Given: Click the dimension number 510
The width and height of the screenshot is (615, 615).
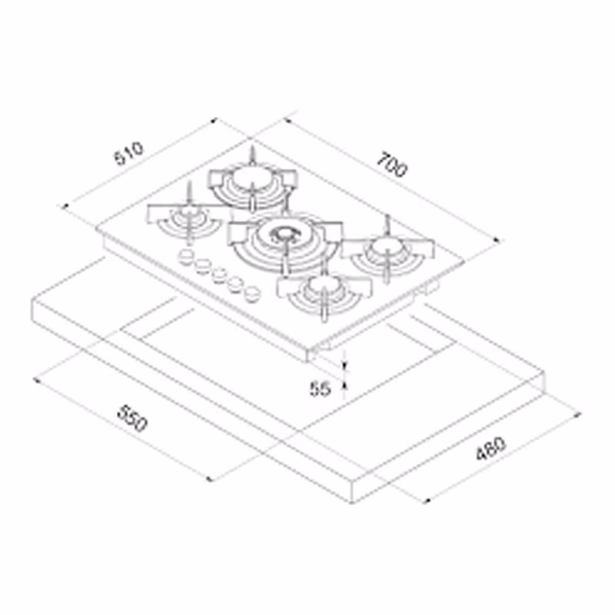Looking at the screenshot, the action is [x=129, y=153].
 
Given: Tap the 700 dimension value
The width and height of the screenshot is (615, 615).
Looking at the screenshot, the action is [x=392, y=164].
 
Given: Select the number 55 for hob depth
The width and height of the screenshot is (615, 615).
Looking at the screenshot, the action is [x=321, y=389].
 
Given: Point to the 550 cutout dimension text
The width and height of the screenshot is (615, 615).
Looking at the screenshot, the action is [x=132, y=418].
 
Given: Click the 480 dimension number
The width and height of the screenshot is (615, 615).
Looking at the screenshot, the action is [x=491, y=448].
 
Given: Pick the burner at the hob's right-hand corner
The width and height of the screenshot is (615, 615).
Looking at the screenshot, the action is [x=387, y=254].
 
